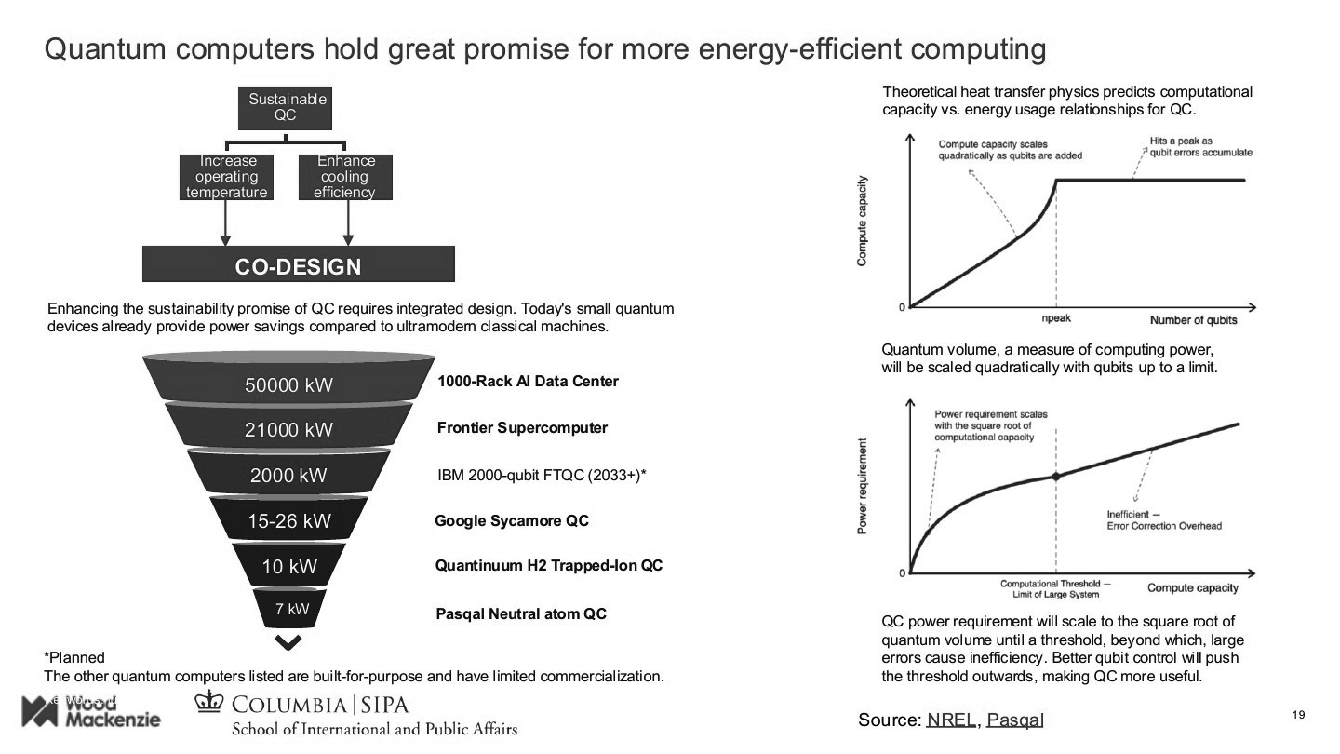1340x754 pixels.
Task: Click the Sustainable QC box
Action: click(x=287, y=107)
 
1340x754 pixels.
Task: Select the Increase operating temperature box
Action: click(x=226, y=177)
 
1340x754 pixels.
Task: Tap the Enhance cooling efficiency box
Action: click(x=345, y=177)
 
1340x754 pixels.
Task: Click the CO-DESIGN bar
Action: click(x=298, y=265)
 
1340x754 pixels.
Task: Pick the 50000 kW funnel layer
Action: click(x=288, y=384)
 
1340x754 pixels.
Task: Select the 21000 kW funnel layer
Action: click(x=288, y=429)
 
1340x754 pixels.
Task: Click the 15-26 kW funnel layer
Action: click(x=288, y=520)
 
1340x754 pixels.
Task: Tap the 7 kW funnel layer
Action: click(x=291, y=610)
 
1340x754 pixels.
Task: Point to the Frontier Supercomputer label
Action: click(x=522, y=428)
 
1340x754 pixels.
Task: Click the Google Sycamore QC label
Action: click(x=512, y=520)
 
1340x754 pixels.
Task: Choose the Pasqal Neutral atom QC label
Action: click(x=521, y=614)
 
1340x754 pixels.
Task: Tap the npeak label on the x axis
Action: click(x=1055, y=318)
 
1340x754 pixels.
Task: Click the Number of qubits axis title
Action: click(x=1193, y=320)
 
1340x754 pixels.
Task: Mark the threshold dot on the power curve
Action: click(x=1055, y=476)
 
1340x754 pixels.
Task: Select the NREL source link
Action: click(x=951, y=720)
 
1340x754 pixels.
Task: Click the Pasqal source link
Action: click(x=1015, y=720)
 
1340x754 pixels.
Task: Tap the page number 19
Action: click(x=1300, y=715)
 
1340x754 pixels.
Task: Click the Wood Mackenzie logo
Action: click(x=90, y=712)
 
